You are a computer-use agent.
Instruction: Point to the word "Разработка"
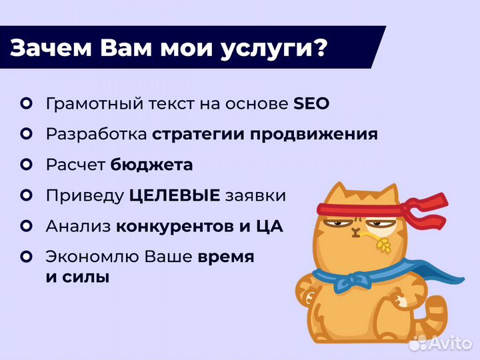[96, 134]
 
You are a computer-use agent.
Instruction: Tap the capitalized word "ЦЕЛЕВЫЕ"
[175, 195]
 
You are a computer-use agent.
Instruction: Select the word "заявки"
[256, 196]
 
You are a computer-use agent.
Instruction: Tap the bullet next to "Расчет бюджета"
[27, 164]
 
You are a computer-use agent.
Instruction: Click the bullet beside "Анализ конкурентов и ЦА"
[27, 225]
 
